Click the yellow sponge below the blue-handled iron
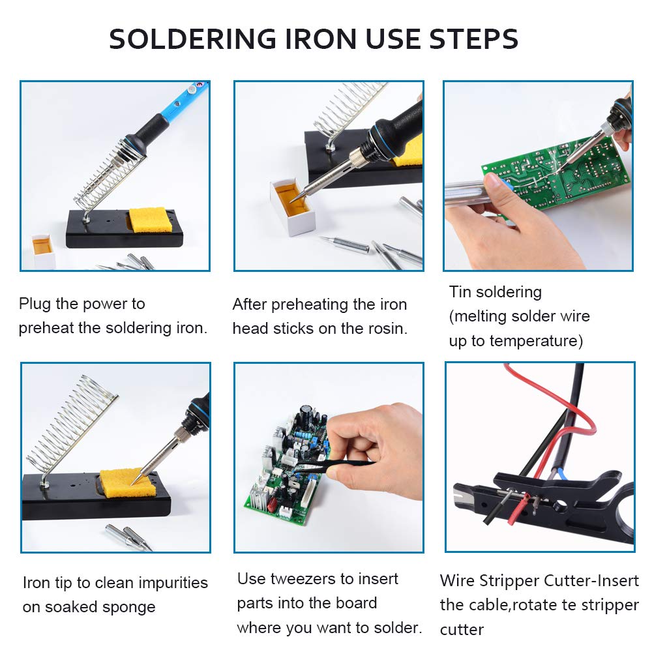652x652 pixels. pos(151,220)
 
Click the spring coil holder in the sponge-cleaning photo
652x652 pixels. pos(72,424)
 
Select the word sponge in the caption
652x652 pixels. pos(129,607)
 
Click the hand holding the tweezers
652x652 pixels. pos(385,450)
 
